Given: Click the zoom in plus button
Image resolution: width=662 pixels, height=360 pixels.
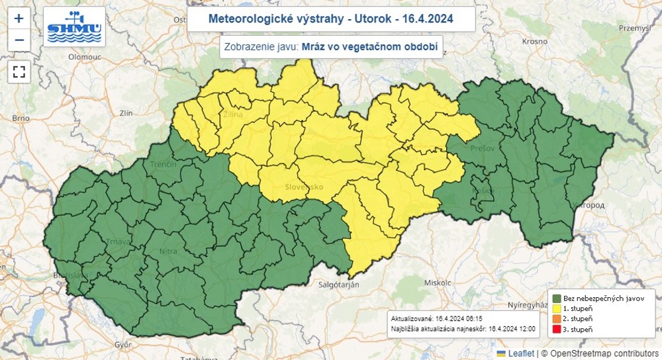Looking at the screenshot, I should tap(19, 19).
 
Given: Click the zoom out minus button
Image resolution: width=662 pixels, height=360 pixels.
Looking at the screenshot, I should tap(19, 40).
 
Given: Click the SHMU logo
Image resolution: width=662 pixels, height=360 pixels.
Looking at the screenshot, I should tap(74, 26).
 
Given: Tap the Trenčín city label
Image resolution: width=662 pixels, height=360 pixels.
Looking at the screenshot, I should tap(163, 163).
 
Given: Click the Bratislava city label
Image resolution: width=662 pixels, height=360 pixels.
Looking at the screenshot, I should tap(70, 275).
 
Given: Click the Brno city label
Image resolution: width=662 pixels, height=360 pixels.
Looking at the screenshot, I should tap(21, 118).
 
